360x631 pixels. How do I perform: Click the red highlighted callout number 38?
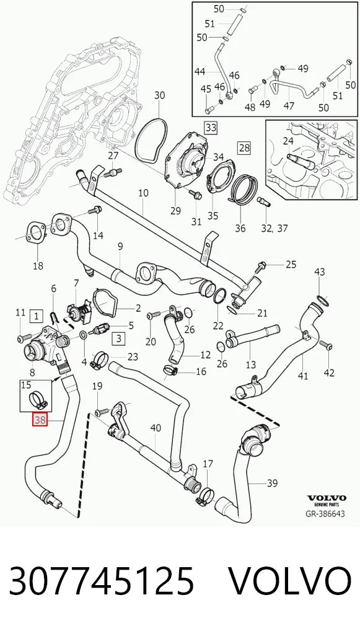pyautogui.click(x=40, y=421)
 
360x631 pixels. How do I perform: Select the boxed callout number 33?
pyautogui.click(x=211, y=128)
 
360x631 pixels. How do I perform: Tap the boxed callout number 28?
pyautogui.click(x=244, y=148)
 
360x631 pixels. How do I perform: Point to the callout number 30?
pyautogui.click(x=160, y=95)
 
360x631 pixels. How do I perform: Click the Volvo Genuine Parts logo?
pyautogui.click(x=327, y=500)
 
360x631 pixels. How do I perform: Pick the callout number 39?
pyautogui.click(x=272, y=482)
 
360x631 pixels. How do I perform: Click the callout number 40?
pyautogui.click(x=156, y=428)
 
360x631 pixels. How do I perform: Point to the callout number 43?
pyautogui.click(x=319, y=272)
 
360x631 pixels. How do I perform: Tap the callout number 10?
pyautogui.click(x=143, y=193)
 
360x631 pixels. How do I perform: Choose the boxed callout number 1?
pyautogui.click(x=37, y=316)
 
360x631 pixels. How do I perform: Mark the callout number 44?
pyautogui.click(x=200, y=72)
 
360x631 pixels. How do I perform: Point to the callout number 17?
pyautogui.click(x=208, y=464)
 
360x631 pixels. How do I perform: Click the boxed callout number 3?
pyautogui.click(x=118, y=338)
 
